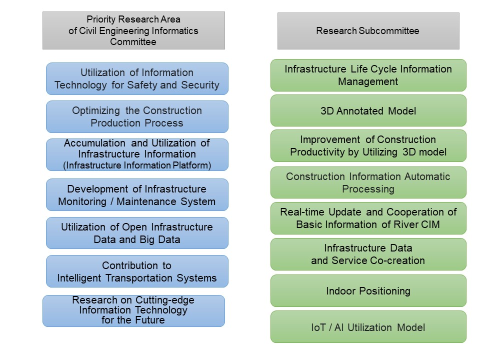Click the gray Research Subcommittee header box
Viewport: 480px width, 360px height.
[368, 31]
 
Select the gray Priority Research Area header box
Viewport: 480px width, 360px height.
[133, 30]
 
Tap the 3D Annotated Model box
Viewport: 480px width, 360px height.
[368, 110]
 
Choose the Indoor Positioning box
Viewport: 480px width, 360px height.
[368, 291]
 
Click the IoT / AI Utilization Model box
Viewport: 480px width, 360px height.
[368, 327]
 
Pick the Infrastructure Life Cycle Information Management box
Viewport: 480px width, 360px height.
[368, 75]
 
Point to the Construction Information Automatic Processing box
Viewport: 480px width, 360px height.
[368, 182]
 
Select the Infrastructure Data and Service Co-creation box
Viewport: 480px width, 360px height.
[368, 254]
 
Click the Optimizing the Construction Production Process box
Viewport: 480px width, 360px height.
[137, 116]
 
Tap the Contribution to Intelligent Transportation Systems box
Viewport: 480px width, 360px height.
[137, 271]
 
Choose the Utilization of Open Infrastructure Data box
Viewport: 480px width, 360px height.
[137, 233]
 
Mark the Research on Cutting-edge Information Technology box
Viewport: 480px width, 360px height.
[133, 311]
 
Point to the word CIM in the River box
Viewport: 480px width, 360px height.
[430, 224]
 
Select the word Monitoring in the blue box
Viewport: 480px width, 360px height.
[82, 201]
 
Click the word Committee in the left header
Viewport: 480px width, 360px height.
[133, 41]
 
